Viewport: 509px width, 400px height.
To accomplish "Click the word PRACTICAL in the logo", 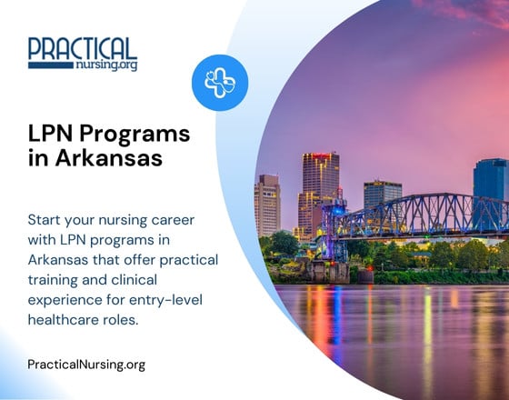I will click(82, 48).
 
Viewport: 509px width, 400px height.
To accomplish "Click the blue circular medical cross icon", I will click(220, 83).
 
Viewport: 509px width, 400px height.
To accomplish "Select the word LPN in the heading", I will click(51, 135).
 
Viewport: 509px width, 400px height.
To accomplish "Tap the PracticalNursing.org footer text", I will click(86, 365).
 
